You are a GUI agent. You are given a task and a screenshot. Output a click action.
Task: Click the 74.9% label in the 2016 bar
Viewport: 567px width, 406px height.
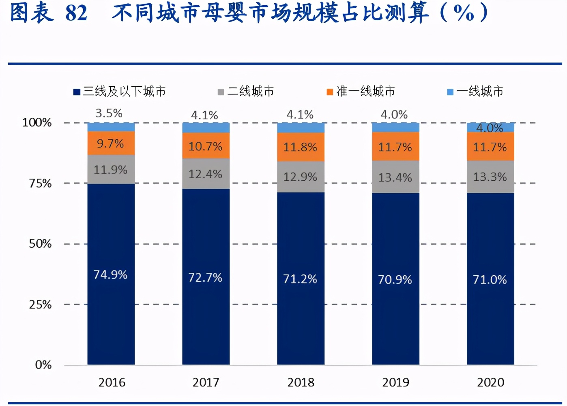(110, 275)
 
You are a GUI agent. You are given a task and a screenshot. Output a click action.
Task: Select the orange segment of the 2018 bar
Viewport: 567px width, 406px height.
(301, 147)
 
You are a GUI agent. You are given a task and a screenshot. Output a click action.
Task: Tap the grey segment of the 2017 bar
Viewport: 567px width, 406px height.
(206, 174)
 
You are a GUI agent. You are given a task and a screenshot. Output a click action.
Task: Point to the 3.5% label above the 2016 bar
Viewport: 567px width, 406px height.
(109, 113)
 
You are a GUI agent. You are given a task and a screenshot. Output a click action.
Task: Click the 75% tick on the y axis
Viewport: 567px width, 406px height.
(40, 184)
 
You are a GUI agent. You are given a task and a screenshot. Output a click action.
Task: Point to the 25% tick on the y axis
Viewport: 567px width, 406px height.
(40, 304)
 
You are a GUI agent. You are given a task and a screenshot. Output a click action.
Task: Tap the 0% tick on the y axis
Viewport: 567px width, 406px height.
(43, 365)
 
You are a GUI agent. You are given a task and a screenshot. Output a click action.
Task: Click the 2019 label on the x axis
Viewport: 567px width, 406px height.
(395, 382)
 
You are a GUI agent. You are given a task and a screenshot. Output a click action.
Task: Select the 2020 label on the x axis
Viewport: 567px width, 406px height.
(490, 382)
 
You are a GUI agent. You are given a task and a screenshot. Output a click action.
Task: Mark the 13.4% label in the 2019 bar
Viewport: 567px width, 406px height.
(395, 177)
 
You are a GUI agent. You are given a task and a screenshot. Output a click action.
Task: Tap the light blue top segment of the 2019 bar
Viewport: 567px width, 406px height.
(395, 127)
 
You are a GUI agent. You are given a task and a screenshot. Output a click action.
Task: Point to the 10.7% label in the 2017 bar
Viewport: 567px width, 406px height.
(205, 146)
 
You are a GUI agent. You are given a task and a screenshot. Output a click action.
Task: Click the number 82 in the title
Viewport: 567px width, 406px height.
(76, 13)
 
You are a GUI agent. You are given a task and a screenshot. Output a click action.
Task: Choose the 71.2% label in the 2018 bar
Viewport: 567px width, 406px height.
(300, 279)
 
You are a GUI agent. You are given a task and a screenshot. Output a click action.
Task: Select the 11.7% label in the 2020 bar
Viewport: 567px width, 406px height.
(490, 147)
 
